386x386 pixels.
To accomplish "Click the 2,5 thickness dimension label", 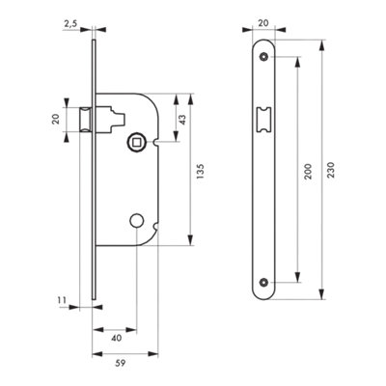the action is (x=70, y=23).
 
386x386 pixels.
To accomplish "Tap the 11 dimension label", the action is (x=62, y=300).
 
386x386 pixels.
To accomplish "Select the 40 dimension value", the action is (x=117, y=338).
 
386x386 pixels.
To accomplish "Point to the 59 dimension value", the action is (x=120, y=364).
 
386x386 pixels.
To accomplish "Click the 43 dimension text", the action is (x=182, y=120).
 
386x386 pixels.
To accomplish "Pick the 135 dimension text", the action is (x=200, y=171).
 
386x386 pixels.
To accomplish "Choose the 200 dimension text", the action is (x=308, y=172).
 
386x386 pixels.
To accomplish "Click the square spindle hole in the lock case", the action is (x=136, y=142).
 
